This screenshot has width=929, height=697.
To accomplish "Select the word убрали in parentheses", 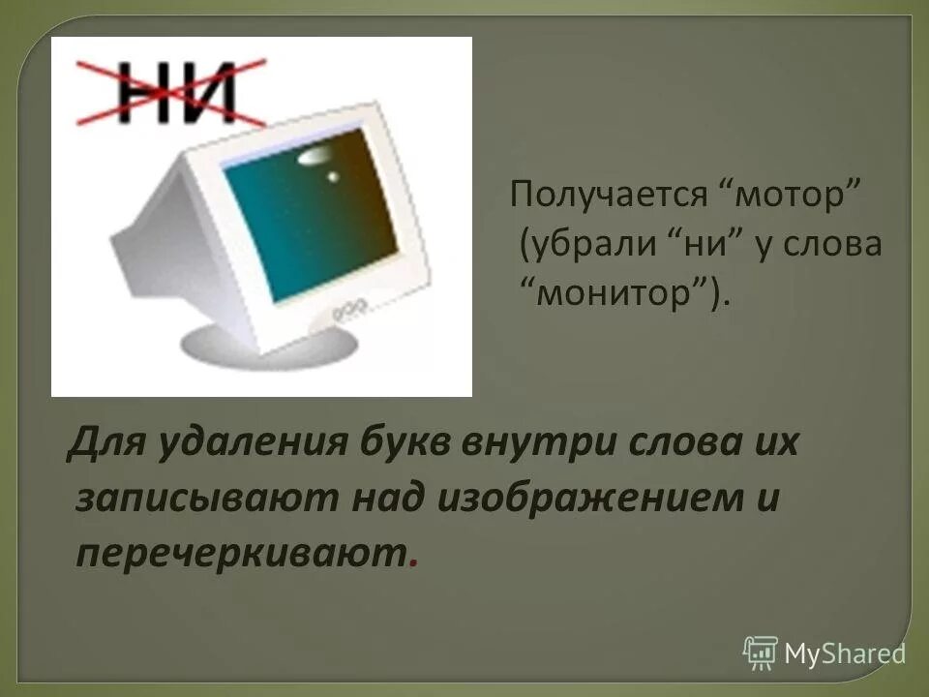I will pos(589,245).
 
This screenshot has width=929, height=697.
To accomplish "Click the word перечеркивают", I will pos(242,552).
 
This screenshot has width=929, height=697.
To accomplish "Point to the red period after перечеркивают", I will pos(415,563).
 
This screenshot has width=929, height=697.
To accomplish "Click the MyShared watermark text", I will pos(845,653).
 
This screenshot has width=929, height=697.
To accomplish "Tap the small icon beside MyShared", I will pos(761,653).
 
